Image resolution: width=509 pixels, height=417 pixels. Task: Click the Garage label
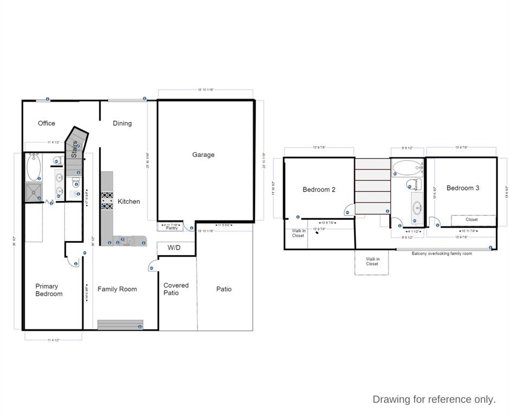(x=203, y=155)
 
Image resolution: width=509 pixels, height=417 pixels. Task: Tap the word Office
(x=47, y=123)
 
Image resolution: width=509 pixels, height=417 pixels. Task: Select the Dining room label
(x=122, y=123)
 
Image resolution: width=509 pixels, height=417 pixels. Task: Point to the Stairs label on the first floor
(x=75, y=148)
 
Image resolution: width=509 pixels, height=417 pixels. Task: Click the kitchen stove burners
(x=107, y=200)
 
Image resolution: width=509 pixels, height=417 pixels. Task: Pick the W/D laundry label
(x=174, y=248)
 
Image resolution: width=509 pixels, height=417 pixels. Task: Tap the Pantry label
(x=171, y=228)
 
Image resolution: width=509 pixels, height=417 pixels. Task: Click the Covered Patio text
(x=176, y=289)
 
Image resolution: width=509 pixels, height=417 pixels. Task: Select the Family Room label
(x=117, y=289)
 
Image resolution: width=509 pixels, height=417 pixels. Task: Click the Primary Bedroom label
(x=49, y=290)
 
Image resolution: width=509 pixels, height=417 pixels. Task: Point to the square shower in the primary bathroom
(x=34, y=192)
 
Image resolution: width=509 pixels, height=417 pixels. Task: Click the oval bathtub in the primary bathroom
(x=34, y=167)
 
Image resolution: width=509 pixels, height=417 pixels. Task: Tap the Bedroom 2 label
(x=319, y=189)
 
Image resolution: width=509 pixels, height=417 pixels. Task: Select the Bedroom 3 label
(x=462, y=188)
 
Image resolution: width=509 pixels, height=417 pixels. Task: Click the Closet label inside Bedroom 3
(x=472, y=220)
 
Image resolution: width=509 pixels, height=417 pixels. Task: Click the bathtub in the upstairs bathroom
(x=406, y=168)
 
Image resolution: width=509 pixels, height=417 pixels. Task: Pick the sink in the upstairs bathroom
(x=417, y=207)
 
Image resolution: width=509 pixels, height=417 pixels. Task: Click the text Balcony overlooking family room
(x=441, y=254)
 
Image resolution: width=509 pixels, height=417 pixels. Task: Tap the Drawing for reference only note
(x=434, y=399)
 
